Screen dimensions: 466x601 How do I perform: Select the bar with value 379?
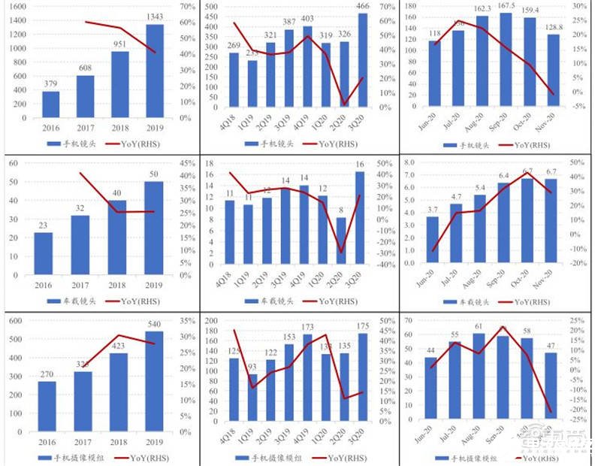[51, 104]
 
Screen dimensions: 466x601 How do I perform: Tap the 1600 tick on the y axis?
[19, 6]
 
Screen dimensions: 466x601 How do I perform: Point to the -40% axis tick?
[385, 265]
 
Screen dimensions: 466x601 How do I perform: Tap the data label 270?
[47, 373]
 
